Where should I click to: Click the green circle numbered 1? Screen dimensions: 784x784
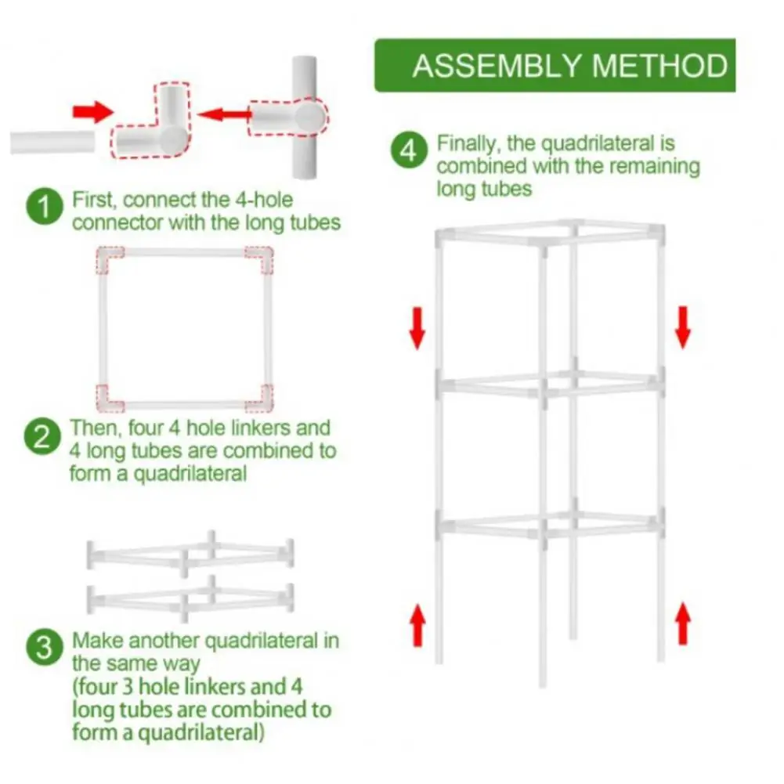click(x=45, y=208)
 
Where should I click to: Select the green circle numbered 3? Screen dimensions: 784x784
click(x=45, y=649)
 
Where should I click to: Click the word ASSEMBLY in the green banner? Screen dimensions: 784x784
click(x=498, y=66)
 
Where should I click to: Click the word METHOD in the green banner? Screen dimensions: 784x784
click(x=659, y=66)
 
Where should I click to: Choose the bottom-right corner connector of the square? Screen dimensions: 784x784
click(x=261, y=397)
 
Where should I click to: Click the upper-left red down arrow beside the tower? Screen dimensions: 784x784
click(x=417, y=327)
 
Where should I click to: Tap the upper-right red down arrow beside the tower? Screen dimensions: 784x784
click(x=683, y=327)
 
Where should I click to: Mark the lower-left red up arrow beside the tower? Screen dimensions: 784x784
click(x=417, y=623)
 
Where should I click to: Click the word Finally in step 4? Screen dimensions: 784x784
click(x=468, y=144)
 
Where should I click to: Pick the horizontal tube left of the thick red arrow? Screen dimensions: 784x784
click(x=52, y=143)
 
